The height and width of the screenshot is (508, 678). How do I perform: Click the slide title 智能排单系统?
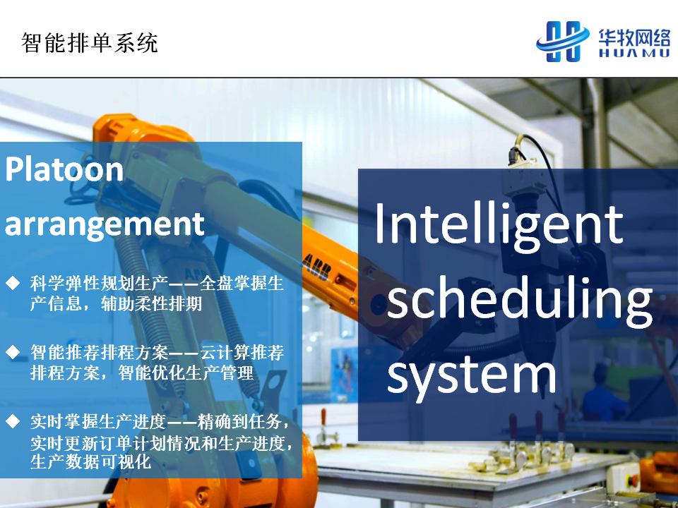[x=90, y=43]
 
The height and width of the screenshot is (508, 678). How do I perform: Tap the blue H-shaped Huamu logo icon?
[x=563, y=42]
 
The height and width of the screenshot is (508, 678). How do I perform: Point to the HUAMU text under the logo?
[x=634, y=53]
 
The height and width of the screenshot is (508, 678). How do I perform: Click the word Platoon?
[x=64, y=169]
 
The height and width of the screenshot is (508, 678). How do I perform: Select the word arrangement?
[x=105, y=224]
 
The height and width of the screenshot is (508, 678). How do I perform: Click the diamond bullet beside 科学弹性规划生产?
[x=13, y=284]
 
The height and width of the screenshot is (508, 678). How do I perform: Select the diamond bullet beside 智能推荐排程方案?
[x=13, y=352]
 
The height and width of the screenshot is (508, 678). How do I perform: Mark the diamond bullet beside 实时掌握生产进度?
[x=13, y=421]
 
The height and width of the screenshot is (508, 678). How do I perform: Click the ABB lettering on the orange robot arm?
[x=316, y=267]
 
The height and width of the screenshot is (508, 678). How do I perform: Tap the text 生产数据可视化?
[x=91, y=461]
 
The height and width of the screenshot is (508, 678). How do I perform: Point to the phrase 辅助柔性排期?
[x=151, y=303]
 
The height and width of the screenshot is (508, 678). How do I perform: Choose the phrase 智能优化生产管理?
[x=186, y=373]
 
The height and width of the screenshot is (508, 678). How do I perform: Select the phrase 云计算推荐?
[x=242, y=353]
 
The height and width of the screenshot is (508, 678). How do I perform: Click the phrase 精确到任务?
[x=240, y=422]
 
